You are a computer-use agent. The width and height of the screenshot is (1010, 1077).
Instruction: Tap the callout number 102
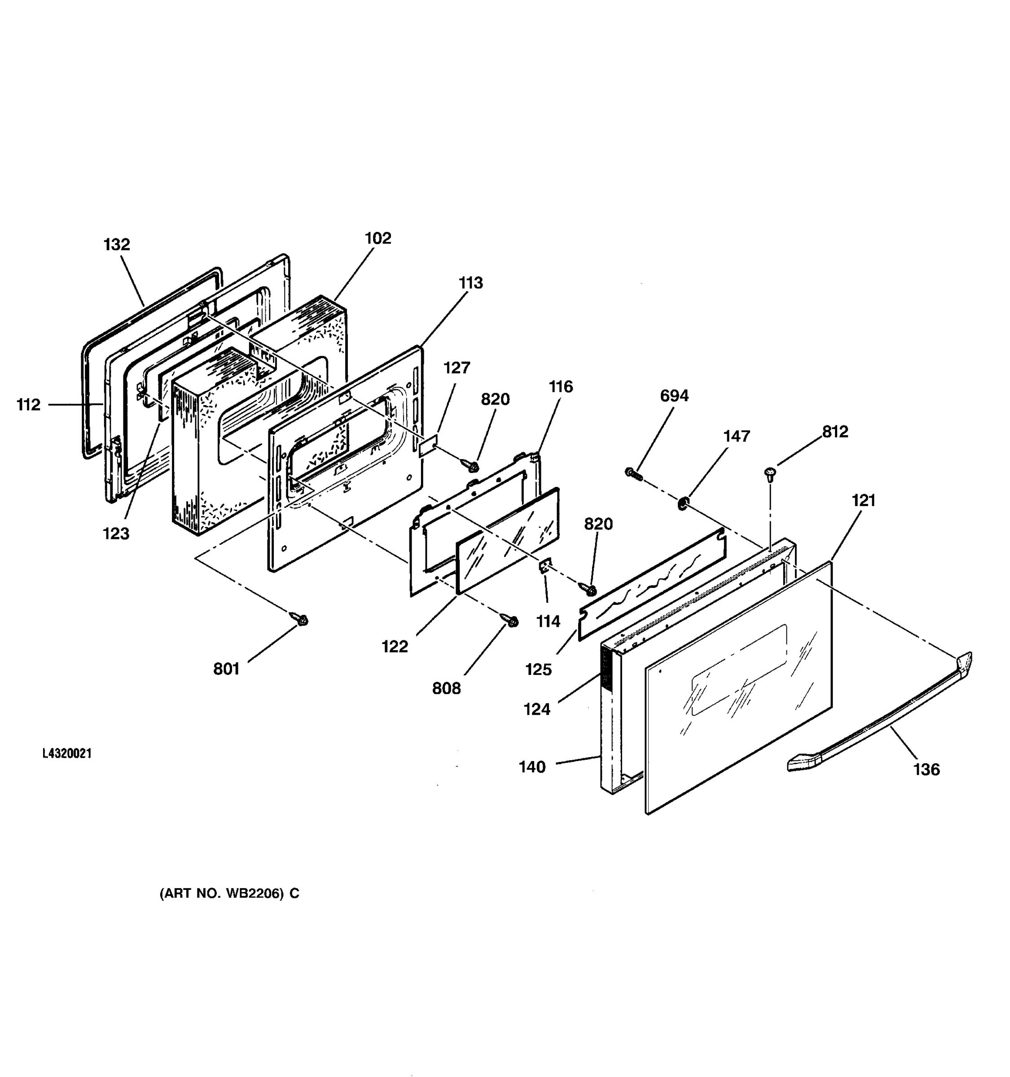tap(377, 238)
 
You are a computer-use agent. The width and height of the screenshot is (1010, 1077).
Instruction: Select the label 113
tap(470, 283)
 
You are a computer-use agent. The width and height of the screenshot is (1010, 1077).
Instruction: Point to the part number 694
tap(674, 396)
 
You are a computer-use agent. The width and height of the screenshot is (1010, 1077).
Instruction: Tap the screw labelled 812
tap(769, 473)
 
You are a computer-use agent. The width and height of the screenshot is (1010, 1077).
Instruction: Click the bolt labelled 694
tap(633, 473)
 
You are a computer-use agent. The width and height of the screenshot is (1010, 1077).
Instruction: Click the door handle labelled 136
tap(878, 715)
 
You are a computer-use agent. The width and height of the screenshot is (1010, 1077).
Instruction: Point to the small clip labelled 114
tap(545, 567)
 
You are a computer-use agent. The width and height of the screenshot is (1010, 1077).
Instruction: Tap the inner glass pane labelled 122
tap(507, 539)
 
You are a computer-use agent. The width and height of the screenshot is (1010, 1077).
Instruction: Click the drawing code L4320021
tap(67, 753)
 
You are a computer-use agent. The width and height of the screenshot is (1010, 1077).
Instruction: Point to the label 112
tap(28, 405)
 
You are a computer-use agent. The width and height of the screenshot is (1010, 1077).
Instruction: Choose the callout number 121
tap(863, 500)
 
